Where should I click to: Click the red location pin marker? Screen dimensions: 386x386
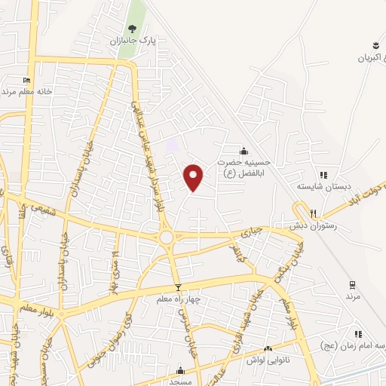(x=194, y=177)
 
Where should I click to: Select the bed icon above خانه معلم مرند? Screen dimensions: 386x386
(x=27, y=80)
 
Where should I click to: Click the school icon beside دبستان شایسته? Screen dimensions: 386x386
(x=323, y=176)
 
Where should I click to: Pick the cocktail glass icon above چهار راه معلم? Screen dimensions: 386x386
(x=178, y=287)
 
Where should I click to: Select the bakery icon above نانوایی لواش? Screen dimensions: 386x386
(x=268, y=349)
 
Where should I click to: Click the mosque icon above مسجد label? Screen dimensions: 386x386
(x=180, y=370)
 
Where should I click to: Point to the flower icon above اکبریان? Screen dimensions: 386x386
(x=375, y=44)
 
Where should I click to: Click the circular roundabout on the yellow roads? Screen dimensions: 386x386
(x=167, y=238)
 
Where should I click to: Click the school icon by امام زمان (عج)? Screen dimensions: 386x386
(x=359, y=333)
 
